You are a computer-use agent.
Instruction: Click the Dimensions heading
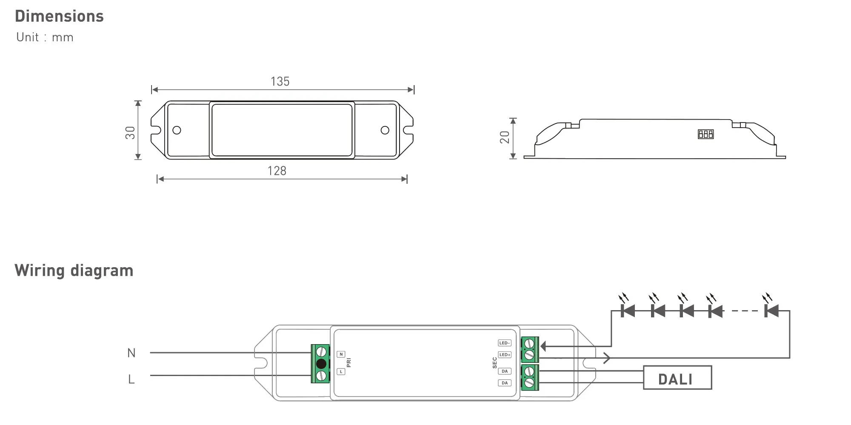pos(59,17)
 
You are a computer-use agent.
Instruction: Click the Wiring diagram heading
pos(74,271)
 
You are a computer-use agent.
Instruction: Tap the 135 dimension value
pos(280,82)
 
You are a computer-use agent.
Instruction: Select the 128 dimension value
pos(277,171)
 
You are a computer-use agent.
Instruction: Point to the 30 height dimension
pos(130,133)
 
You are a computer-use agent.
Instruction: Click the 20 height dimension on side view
pos(505,137)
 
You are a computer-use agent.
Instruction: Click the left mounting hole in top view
pos(177,130)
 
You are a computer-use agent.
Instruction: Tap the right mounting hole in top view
pos(385,130)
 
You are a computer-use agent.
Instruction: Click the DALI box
pos(677,378)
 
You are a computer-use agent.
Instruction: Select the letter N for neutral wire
pos(131,353)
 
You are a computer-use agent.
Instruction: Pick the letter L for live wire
pos(131,379)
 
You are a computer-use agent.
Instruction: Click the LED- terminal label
pos(504,343)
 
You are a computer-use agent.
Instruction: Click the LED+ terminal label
pos(504,355)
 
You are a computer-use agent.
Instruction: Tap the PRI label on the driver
pos(349,363)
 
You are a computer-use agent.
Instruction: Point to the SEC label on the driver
pos(494,363)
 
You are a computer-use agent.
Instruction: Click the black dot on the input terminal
pos(321,364)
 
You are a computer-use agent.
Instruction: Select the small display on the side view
pos(705,134)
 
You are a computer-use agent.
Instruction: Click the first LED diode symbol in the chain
pos(628,311)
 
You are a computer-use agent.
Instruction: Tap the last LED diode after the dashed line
pos(771,311)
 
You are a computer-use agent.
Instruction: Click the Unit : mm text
pos(45,37)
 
